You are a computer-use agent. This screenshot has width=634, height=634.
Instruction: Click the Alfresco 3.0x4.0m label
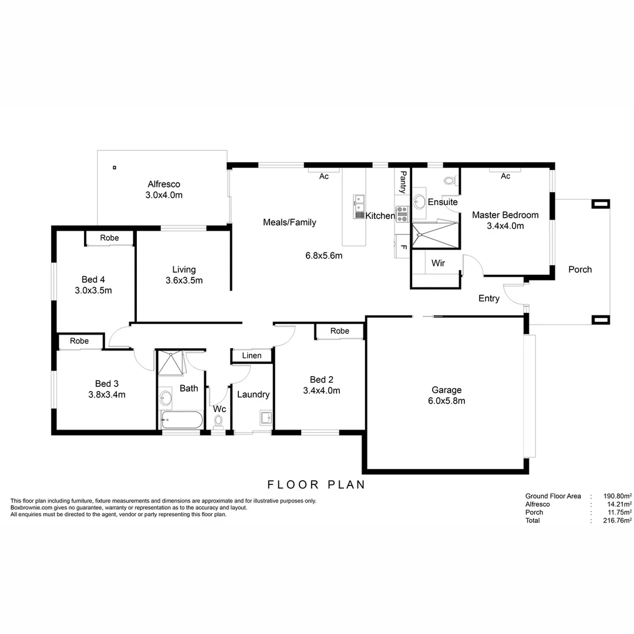point(164,189)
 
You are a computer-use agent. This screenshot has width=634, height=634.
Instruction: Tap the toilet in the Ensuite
point(450,181)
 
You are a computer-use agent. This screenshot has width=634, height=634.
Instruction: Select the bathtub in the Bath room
point(181,420)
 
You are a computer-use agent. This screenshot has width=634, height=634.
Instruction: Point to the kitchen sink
point(358,207)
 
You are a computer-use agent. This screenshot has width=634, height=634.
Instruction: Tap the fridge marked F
point(403,247)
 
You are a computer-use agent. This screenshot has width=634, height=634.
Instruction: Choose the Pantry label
point(403,182)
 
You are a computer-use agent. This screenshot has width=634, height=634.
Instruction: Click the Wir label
point(438,264)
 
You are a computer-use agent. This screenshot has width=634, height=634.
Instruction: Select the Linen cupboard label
point(252,356)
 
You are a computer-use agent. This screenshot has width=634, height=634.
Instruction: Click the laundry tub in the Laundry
point(265,418)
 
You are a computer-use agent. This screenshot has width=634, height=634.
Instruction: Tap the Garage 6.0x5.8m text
point(446,395)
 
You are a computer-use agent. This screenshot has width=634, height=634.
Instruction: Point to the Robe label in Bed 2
point(339,331)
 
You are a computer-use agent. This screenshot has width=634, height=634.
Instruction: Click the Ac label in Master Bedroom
point(505,176)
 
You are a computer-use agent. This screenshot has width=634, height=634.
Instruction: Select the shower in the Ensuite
point(434,235)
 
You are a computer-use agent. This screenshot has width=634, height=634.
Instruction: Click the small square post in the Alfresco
point(114,167)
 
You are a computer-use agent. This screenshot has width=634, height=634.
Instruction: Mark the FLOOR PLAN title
point(316,485)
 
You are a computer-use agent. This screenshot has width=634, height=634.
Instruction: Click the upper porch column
point(601,204)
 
